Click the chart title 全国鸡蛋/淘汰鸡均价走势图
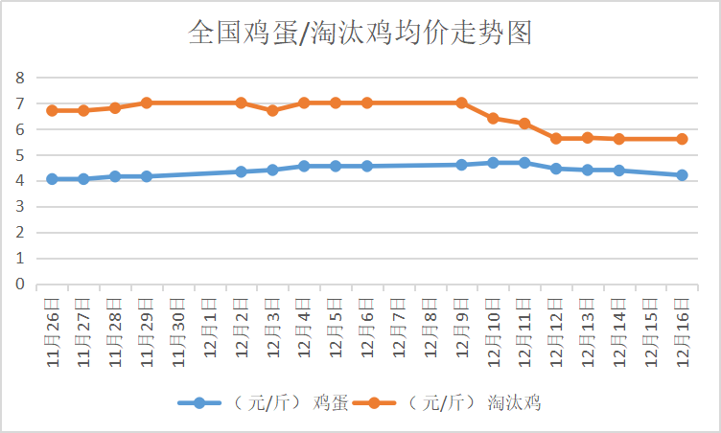click(x=360, y=34)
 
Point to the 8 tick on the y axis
click(x=17, y=78)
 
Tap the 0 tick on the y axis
click(x=17, y=284)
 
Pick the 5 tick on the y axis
click(x=17, y=155)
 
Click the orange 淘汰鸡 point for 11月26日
click(x=52, y=110)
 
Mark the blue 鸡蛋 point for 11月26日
click(x=52, y=179)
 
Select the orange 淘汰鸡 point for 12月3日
click(x=272, y=110)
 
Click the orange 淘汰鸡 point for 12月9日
click(x=461, y=103)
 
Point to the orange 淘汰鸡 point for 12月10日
click(x=493, y=118)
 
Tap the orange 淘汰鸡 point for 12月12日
click(x=556, y=138)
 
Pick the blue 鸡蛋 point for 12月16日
click(x=682, y=175)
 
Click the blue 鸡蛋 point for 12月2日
click(x=241, y=171)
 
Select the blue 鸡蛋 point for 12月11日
click(x=524, y=163)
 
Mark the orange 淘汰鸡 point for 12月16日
click(x=682, y=139)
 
